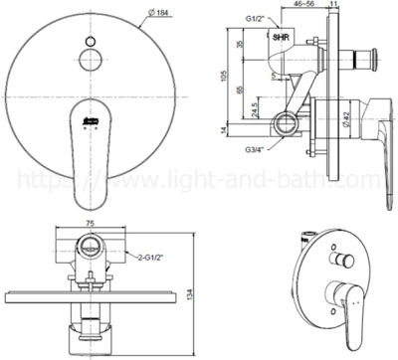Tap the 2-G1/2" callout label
(x=144, y=258)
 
